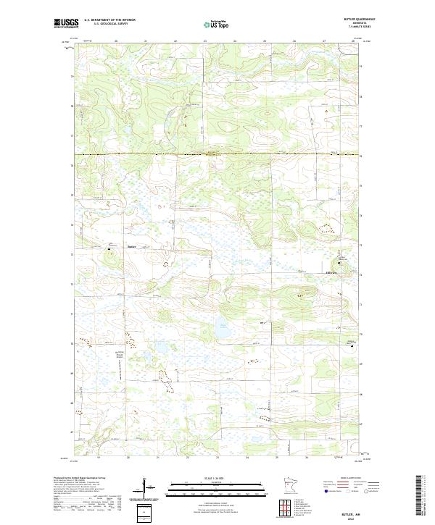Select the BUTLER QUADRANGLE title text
coord(365,19)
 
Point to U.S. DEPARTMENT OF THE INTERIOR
coord(109,20)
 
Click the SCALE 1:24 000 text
coord(217,478)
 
